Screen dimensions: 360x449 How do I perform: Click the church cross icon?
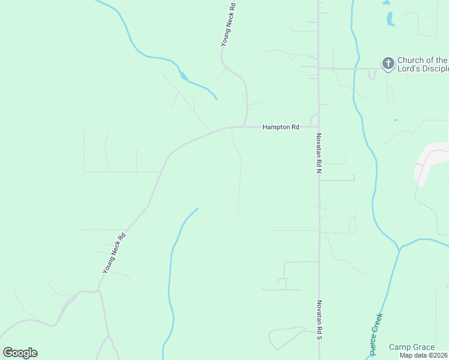[388, 63]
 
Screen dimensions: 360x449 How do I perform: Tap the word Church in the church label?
[411, 60]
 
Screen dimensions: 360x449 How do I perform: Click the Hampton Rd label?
[280, 127]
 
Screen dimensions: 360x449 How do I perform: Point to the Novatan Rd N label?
[319, 154]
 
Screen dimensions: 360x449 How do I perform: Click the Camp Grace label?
[411, 347]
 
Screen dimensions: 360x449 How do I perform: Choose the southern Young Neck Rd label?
[113, 253]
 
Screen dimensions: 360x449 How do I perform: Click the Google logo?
[20, 353]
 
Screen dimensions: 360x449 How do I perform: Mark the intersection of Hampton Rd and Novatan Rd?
[318, 127]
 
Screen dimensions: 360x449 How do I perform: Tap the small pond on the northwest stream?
[183, 76]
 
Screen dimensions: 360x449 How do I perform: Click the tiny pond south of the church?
[395, 121]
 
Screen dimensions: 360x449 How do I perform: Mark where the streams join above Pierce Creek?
[398, 247]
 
